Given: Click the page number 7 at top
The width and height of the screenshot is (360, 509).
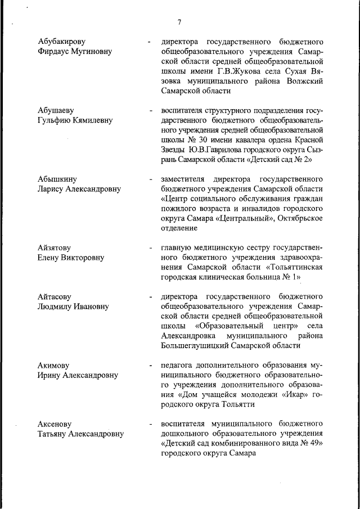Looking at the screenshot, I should [179, 22].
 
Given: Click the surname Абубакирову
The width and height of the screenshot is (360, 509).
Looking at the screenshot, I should [62, 42].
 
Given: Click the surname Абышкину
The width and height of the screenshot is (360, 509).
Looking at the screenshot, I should [58, 179].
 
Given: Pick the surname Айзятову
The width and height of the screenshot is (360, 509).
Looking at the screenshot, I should [55, 247].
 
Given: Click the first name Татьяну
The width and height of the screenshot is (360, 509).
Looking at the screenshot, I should [55, 434].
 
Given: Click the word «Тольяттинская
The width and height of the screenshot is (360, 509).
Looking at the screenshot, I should [290, 268].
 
